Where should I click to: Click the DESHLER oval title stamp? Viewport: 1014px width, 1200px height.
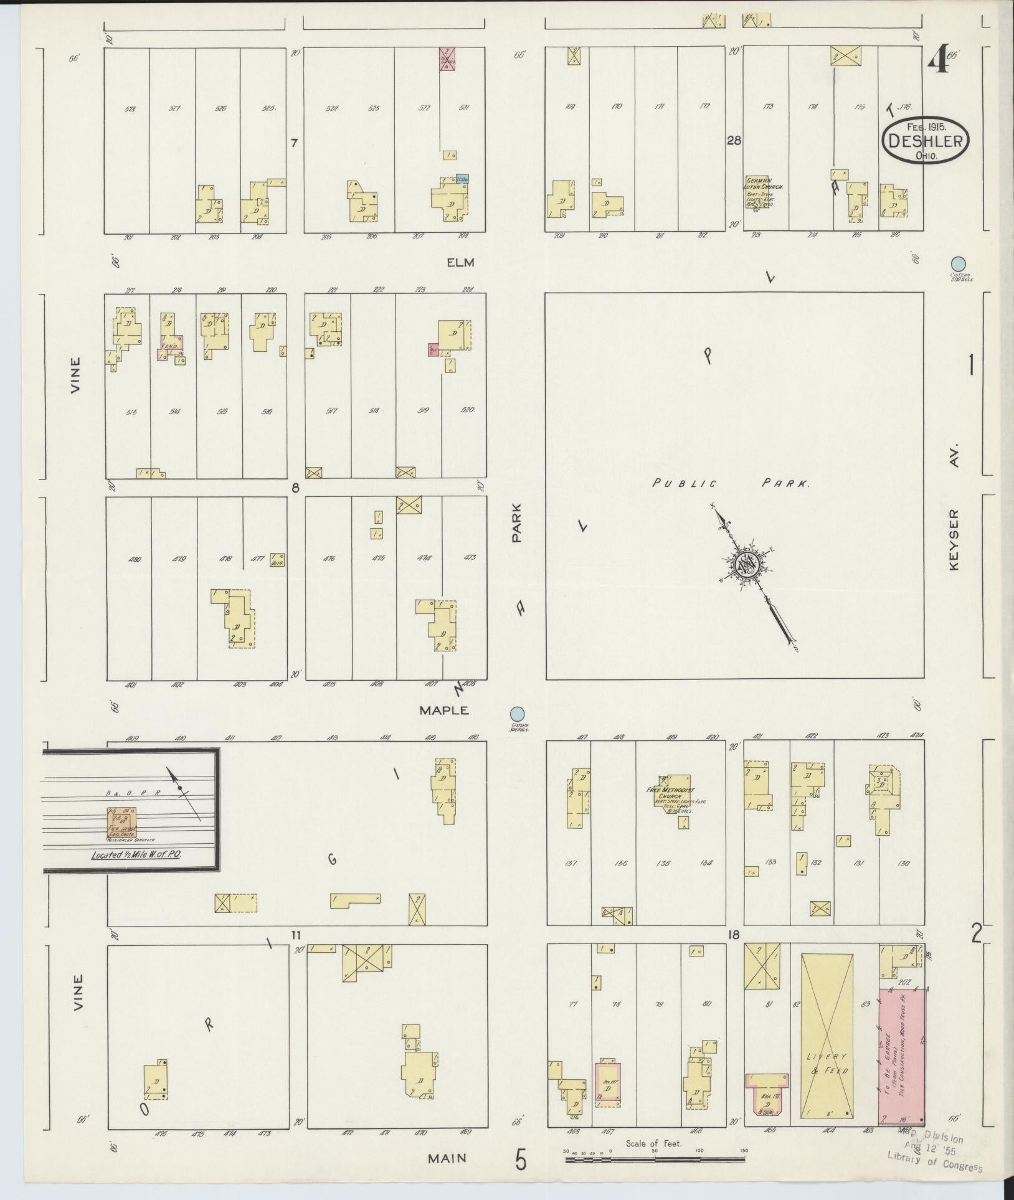coord(925,141)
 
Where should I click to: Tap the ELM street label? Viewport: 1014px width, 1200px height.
coord(461,262)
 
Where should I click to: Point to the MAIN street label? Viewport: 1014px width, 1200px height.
coord(447,1158)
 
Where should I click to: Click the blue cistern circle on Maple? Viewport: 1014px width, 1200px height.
coord(517,714)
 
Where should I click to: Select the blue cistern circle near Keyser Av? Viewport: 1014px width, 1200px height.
coord(959,264)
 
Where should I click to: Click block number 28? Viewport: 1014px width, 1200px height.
coord(734,141)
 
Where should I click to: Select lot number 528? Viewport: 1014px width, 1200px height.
coord(130,109)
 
